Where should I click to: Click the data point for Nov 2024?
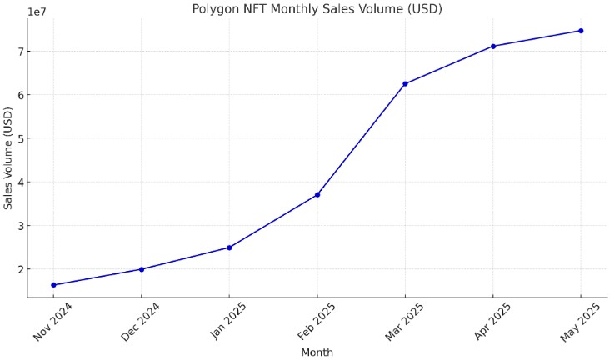pos(53,285)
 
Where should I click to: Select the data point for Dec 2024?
pos(142,269)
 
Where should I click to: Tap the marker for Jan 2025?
pos(229,247)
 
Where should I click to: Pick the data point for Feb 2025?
pos(317,195)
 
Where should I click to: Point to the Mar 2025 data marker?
pos(405,83)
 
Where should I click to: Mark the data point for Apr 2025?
pos(493,46)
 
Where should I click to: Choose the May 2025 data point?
pos(581,31)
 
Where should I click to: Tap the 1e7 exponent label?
pos(37,12)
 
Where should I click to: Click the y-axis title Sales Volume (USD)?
pos(8,158)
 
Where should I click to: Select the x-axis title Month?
pos(317,352)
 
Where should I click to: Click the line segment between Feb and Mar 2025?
pos(362,139)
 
